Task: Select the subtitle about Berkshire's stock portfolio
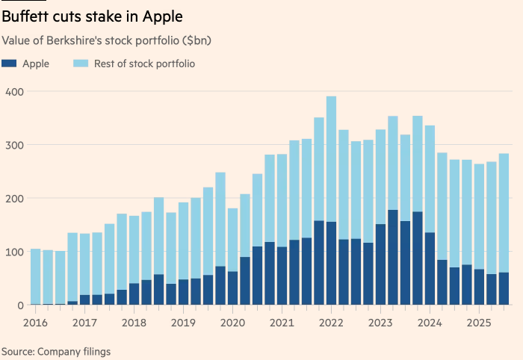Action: pyautogui.click(x=107, y=40)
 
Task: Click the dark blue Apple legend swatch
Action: pyautogui.click(x=9, y=64)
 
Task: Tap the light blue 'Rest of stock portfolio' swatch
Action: pyautogui.click(x=81, y=64)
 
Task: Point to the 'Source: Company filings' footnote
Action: pyautogui.click(x=56, y=350)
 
